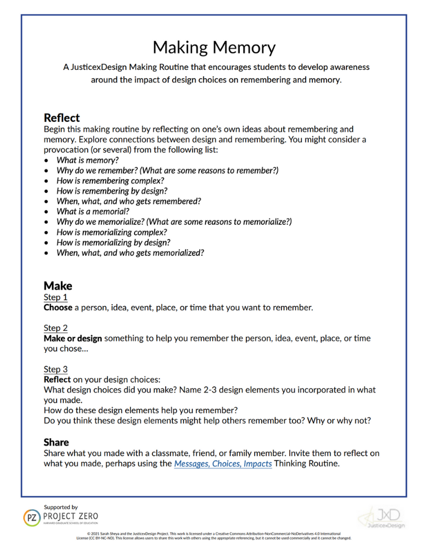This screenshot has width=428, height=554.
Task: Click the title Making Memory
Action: tap(214, 48)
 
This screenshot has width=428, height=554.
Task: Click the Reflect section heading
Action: tap(61, 118)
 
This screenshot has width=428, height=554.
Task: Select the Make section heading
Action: tap(58, 286)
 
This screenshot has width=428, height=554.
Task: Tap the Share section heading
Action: tap(56, 442)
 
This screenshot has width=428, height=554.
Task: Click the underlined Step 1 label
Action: tap(55, 297)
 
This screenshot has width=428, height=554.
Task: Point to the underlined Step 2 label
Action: tap(55, 328)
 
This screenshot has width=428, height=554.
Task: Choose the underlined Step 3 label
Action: tap(55, 369)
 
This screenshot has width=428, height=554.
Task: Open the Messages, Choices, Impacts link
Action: tap(223, 464)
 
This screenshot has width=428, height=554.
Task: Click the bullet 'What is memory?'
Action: tap(87, 160)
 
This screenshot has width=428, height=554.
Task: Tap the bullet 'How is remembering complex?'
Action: tap(110, 181)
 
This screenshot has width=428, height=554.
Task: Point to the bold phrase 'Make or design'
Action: tap(73, 338)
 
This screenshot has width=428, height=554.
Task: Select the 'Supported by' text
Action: tap(60, 507)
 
